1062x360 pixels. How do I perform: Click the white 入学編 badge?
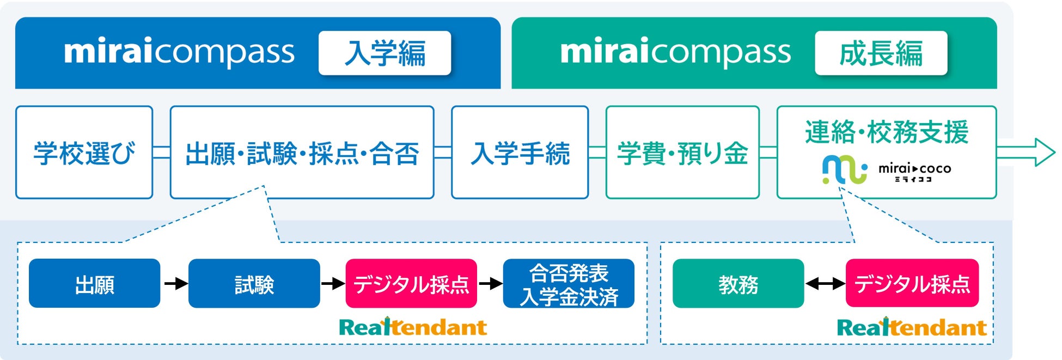click(x=384, y=53)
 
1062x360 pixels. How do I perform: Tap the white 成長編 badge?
click(x=881, y=53)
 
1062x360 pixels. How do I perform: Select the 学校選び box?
click(x=84, y=152)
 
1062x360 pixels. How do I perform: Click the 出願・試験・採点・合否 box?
click(x=302, y=152)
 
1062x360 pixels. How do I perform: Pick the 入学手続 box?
click(x=520, y=152)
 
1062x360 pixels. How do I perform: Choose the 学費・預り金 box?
click(x=682, y=152)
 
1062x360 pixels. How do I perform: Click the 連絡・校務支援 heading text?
click(x=887, y=132)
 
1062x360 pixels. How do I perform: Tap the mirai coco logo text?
click(x=914, y=170)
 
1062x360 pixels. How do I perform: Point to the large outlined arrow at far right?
click(x=1026, y=152)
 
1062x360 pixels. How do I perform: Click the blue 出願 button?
click(x=94, y=284)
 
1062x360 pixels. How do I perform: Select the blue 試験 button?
click(x=254, y=284)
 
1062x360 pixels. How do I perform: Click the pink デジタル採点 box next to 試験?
click(x=411, y=284)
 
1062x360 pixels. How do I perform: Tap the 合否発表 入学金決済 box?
click(x=569, y=284)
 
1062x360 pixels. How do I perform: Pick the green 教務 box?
click(x=738, y=284)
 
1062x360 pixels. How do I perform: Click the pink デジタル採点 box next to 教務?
click(x=912, y=284)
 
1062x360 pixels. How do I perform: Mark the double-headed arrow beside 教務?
click(x=825, y=284)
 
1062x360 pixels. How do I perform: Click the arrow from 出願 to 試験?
click(x=175, y=284)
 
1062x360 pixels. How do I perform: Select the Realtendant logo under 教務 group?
click(x=911, y=327)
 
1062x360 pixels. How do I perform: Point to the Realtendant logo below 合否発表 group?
click(x=413, y=327)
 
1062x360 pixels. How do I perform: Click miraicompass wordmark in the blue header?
click(x=179, y=52)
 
